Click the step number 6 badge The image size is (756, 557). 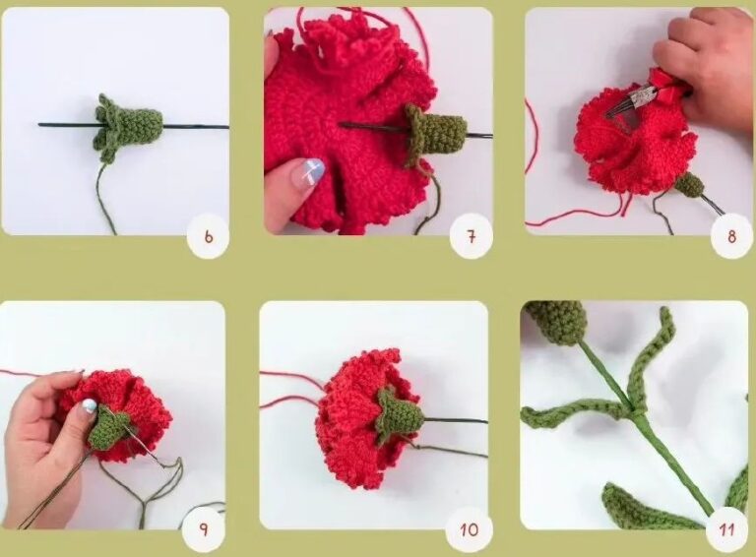[208, 236]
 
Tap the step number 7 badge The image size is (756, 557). [470, 236]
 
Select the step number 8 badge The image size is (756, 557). [730, 236]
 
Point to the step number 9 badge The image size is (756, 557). [204, 529]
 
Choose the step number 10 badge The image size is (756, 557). [469, 529]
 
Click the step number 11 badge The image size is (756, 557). [726, 529]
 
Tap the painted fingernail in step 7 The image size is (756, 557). [308, 173]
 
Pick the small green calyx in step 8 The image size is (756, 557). [689, 184]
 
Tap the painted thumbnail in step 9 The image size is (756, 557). [89, 405]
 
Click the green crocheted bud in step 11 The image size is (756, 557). [556, 322]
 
